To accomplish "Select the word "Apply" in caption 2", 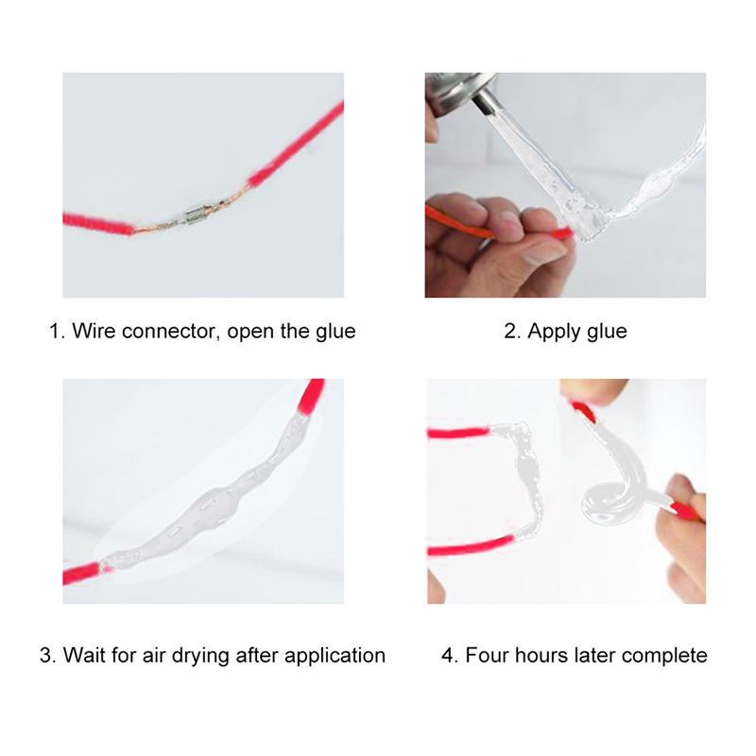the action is tap(552, 333).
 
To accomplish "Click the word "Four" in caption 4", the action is tap(487, 655).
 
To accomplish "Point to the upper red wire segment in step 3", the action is tap(311, 395).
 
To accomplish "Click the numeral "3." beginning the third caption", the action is tap(48, 655).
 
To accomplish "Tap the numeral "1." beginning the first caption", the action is tap(57, 332).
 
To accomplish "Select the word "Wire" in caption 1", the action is tap(94, 332).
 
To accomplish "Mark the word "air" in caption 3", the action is tap(153, 655).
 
